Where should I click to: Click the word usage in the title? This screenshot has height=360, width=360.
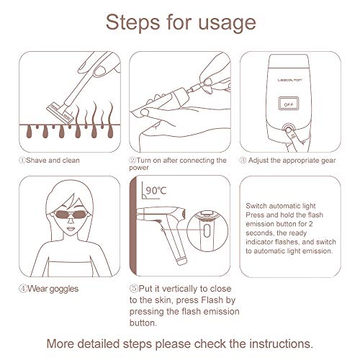click(x=227, y=23)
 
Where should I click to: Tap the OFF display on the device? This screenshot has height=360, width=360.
click(x=289, y=104)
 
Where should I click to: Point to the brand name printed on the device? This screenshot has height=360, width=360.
click(x=289, y=80)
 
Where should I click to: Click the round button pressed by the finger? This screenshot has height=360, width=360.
click(x=289, y=128)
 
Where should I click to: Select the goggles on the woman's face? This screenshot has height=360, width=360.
click(x=71, y=214)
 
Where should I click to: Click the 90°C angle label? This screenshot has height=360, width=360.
click(x=156, y=191)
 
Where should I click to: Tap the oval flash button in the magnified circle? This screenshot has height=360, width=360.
click(x=207, y=230)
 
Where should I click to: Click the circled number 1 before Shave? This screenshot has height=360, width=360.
click(x=22, y=160)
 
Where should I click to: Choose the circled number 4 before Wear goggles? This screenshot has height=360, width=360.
click(x=22, y=289)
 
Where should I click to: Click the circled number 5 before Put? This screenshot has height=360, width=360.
click(x=133, y=289)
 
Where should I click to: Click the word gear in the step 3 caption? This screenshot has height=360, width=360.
click(x=328, y=161)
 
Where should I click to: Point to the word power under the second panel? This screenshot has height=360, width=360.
click(x=139, y=168)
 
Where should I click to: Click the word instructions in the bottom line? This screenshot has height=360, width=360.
click(x=281, y=343)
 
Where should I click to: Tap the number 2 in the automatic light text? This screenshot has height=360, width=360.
click(x=310, y=224)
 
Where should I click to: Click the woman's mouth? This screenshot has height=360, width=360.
click(x=71, y=228)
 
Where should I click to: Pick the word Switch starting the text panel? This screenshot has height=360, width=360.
click(x=256, y=206)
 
